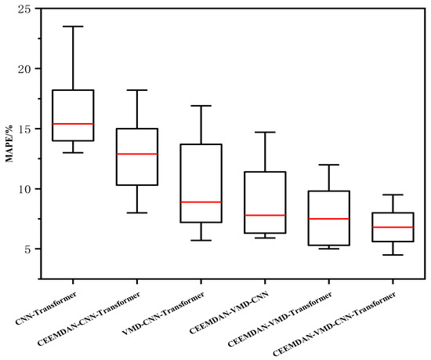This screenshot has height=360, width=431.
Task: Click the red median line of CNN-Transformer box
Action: click(x=73, y=124)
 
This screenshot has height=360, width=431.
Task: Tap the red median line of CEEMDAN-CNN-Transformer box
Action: click(x=136, y=154)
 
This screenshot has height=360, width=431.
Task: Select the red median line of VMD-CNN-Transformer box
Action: click(x=201, y=202)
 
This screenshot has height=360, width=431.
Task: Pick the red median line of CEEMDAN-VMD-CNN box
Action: click(x=264, y=215)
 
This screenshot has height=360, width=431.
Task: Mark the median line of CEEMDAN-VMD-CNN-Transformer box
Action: click(x=392, y=227)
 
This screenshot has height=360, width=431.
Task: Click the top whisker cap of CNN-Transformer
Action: click(x=73, y=27)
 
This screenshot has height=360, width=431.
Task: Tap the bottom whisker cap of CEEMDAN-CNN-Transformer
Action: click(x=136, y=213)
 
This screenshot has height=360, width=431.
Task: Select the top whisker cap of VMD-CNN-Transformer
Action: click(x=201, y=106)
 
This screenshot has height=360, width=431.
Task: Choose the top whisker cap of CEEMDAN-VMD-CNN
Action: click(x=264, y=133)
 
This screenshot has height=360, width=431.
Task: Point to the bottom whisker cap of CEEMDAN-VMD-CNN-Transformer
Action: click(x=392, y=255)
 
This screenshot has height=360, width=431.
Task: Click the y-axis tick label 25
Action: click(x=30, y=9)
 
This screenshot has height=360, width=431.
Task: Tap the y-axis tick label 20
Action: click(x=30, y=69)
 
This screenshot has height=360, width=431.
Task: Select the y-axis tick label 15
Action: click(x=30, y=129)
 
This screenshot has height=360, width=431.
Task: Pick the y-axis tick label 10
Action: click(x=30, y=189)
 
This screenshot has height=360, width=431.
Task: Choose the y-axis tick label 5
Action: click(x=33, y=249)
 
